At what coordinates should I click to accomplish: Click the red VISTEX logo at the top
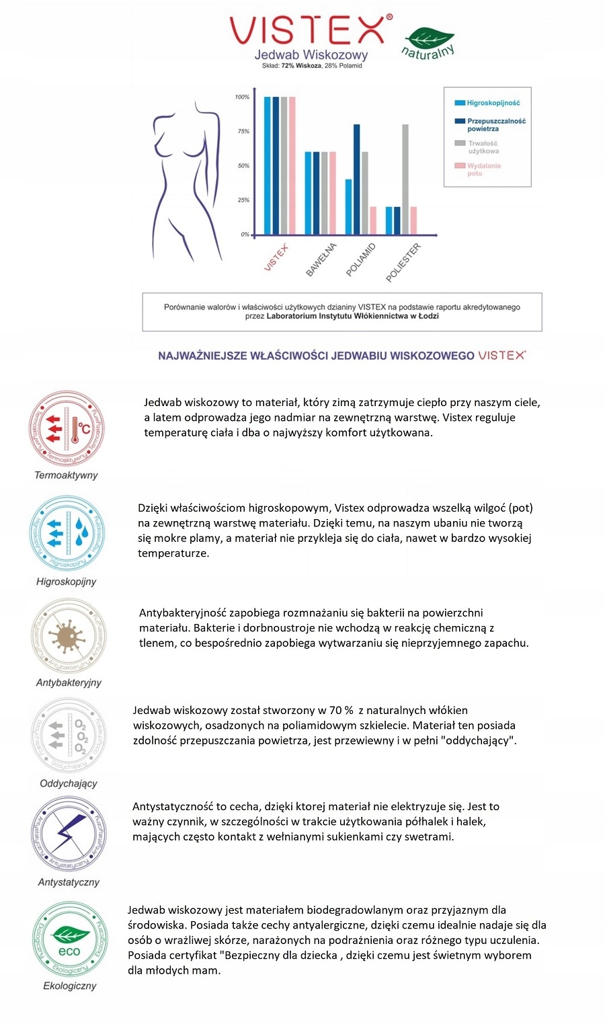tap(309, 30)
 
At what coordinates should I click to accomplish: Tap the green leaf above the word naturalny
tap(430, 38)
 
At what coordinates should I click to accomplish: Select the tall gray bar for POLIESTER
tap(405, 179)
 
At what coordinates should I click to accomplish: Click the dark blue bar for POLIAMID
tap(357, 179)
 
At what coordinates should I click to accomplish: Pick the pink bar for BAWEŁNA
tap(332, 193)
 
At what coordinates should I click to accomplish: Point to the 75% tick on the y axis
tap(243, 131)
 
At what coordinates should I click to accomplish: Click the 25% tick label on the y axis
tap(243, 200)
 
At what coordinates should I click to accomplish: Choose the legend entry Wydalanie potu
tap(484, 169)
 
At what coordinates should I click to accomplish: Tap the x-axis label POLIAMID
tap(361, 260)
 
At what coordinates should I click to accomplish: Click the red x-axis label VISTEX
tap(276, 258)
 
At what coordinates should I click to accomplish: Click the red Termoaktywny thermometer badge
tap(67, 428)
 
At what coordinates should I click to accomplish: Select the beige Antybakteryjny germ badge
tap(68, 635)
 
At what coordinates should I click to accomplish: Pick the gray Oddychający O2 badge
tap(68, 736)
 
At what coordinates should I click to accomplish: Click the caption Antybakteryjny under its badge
tap(69, 682)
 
